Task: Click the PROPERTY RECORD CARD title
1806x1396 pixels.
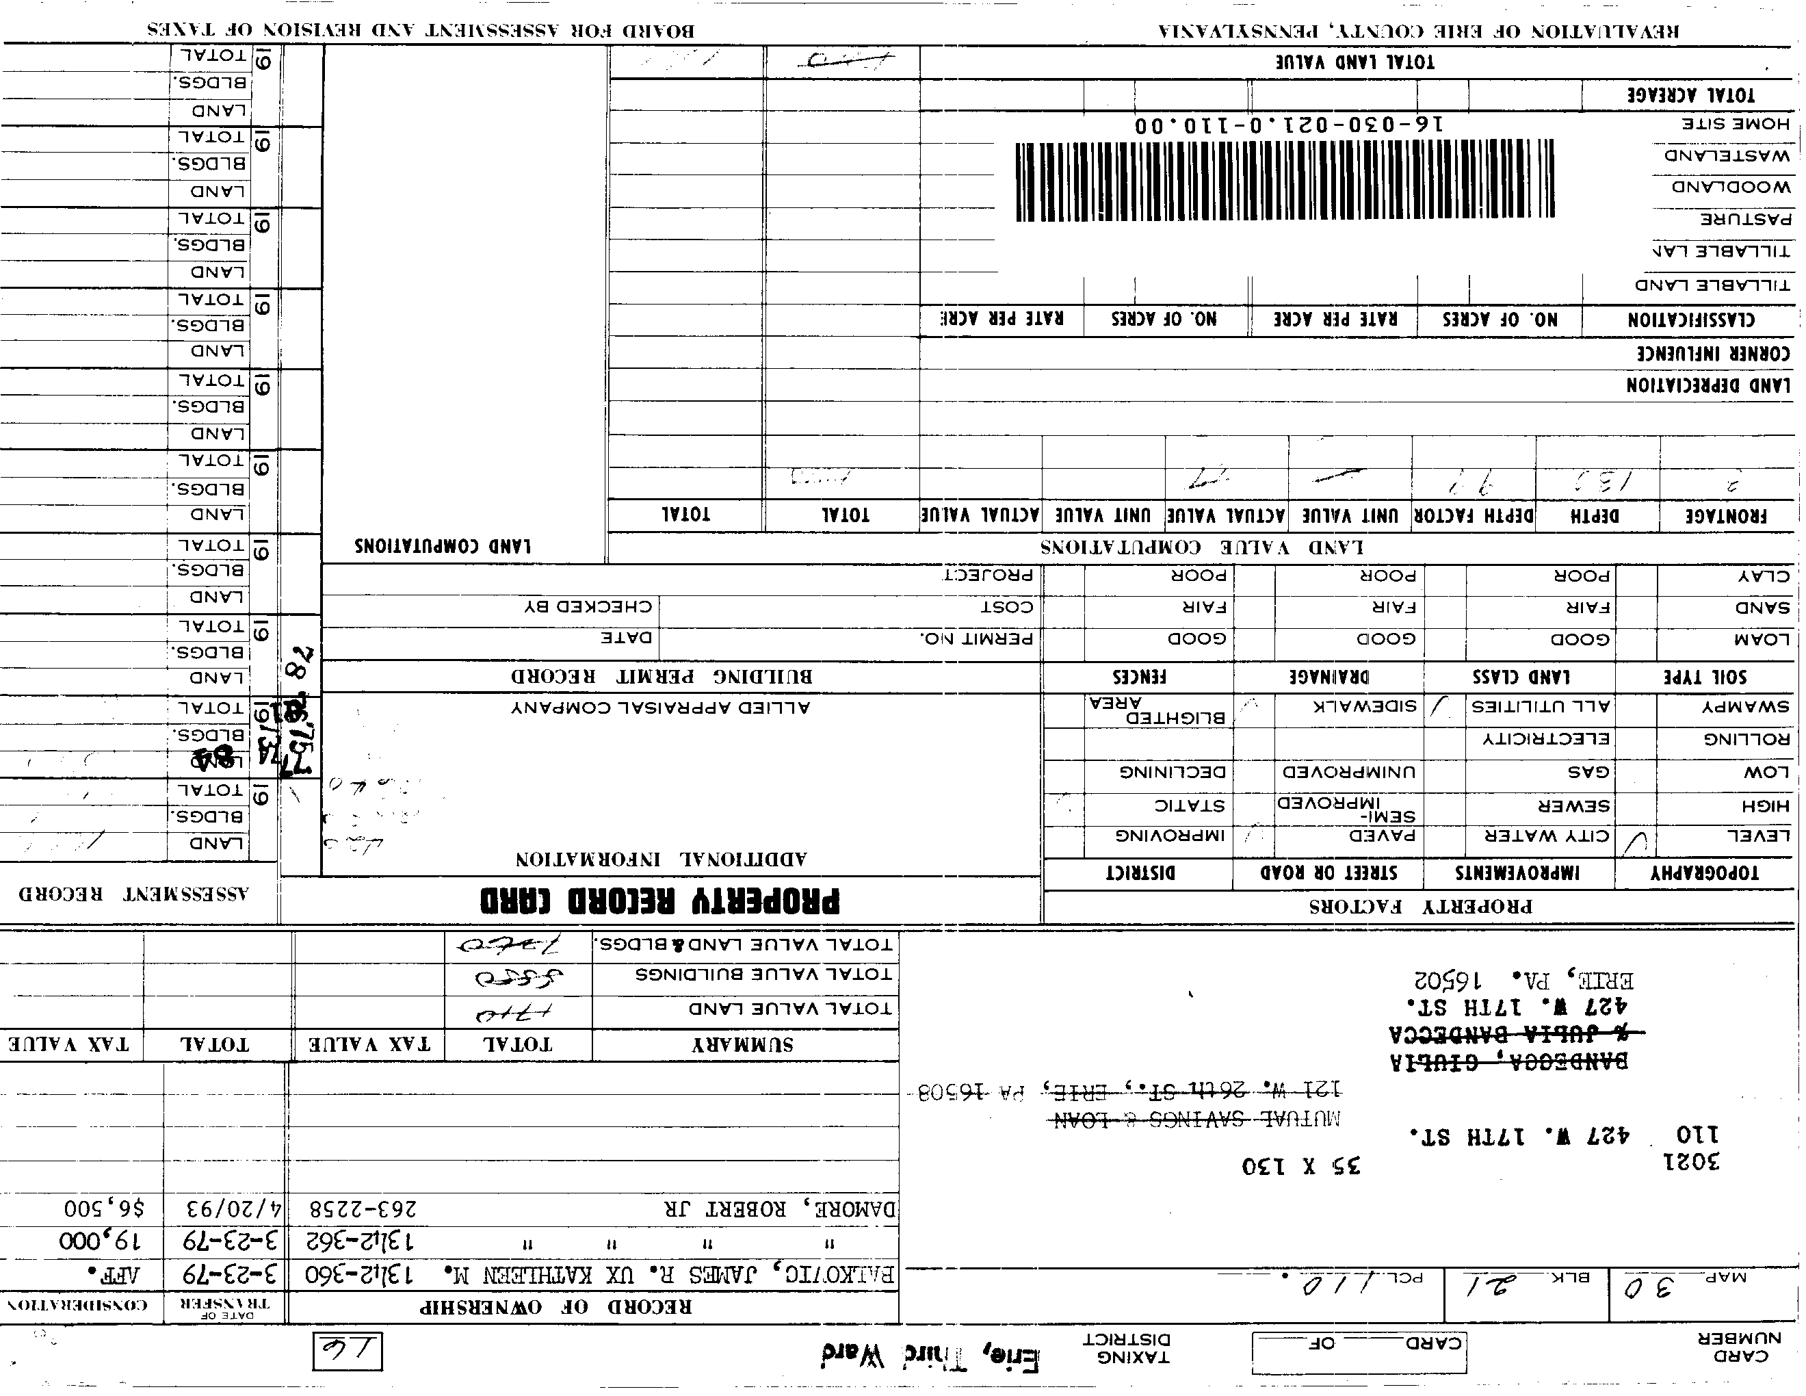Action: click(x=660, y=900)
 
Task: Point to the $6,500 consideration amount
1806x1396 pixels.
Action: click(x=104, y=1208)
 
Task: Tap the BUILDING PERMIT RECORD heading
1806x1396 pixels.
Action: click(x=662, y=677)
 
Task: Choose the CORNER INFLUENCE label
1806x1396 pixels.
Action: click(x=1714, y=354)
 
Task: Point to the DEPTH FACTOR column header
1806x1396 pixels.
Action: click(x=1474, y=516)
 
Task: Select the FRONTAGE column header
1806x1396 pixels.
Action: click(x=1727, y=516)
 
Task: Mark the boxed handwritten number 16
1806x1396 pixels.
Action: click(x=348, y=1352)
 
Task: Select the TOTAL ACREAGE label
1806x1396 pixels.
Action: click(x=1690, y=94)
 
